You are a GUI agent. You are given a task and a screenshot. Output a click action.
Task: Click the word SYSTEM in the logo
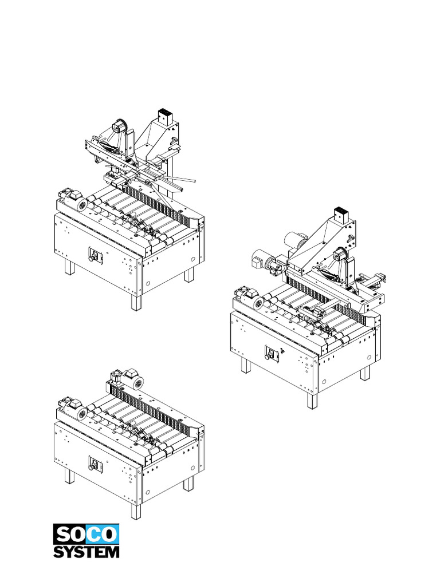(87, 551)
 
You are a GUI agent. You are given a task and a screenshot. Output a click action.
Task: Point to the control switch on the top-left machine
(92, 255)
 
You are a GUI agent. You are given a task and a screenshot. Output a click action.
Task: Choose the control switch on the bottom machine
(92, 464)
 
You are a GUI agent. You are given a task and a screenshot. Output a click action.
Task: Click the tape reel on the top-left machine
(120, 126)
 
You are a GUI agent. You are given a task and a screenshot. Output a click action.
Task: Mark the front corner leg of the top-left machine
(136, 302)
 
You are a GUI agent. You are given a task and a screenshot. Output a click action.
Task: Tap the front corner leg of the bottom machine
(136, 510)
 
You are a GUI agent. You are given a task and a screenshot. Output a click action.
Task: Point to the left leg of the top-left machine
(69, 267)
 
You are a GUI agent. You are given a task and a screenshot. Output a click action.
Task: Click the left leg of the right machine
(246, 365)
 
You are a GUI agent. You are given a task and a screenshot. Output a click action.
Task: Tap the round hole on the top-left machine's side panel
(148, 283)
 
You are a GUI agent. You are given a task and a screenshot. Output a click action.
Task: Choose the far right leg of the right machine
(365, 373)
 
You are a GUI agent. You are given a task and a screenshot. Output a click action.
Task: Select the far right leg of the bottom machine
(188, 484)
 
